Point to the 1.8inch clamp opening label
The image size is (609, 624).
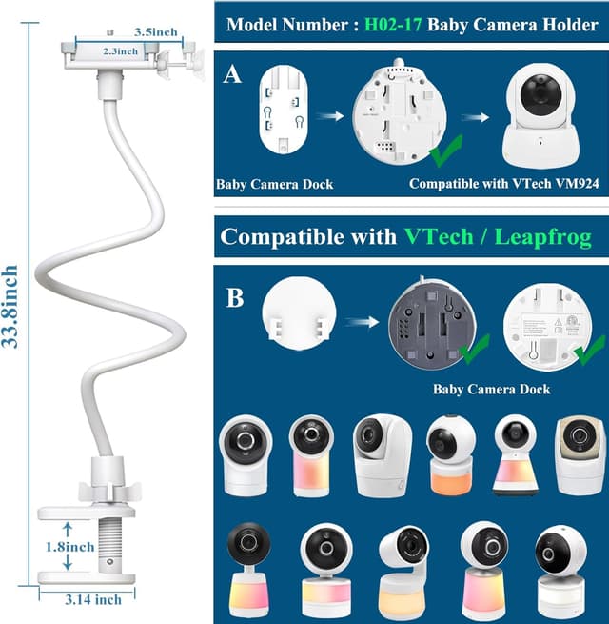click(69, 548)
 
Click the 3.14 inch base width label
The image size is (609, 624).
click(94, 599)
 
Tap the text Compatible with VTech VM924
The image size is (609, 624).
click(503, 184)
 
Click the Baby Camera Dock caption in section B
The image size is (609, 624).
click(491, 389)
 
